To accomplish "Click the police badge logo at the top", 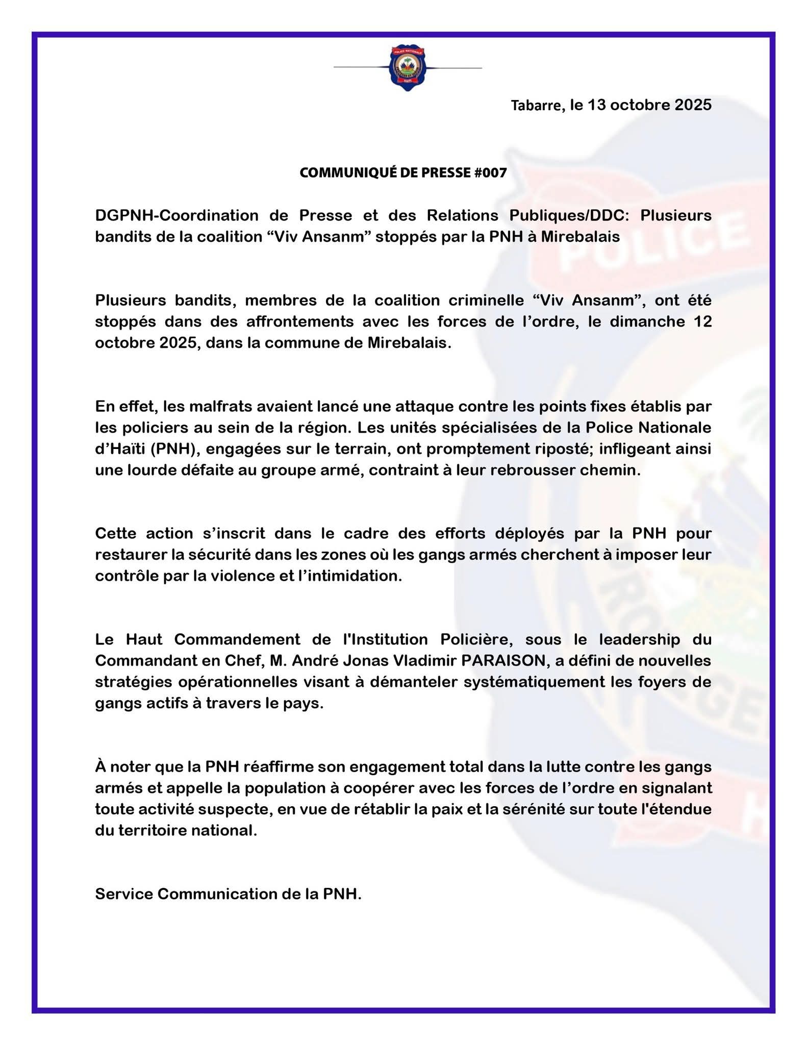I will (407, 68).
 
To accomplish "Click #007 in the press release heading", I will (490, 173).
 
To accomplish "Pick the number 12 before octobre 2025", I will (702, 321).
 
